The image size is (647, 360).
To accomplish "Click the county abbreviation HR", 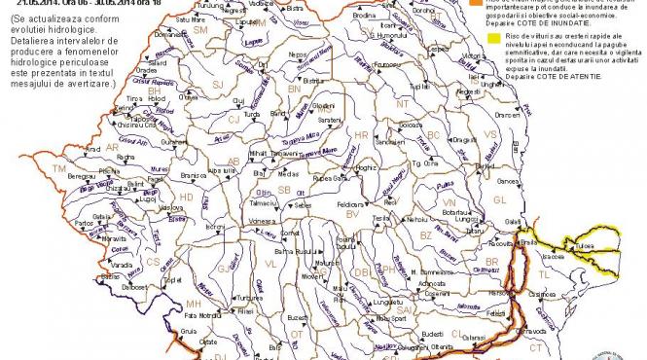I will [x=362, y=134].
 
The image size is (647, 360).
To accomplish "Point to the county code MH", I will [x=193, y=305].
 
